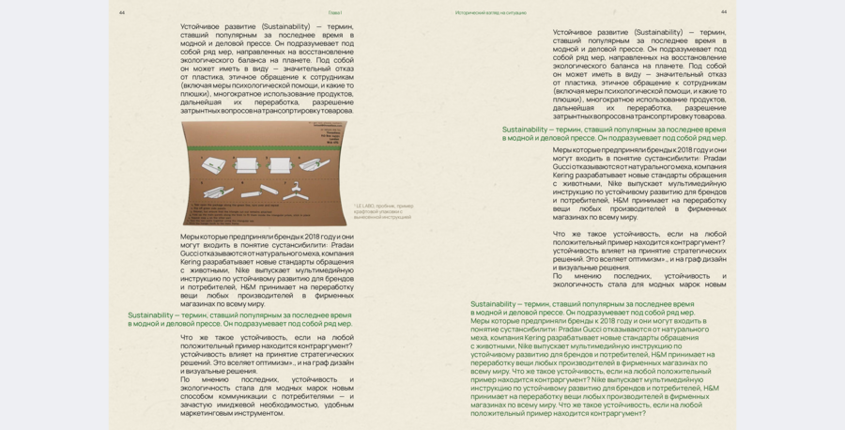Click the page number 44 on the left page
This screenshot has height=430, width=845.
(122, 12)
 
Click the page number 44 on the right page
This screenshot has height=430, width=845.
(724, 12)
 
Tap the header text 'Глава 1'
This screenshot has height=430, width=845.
(335, 12)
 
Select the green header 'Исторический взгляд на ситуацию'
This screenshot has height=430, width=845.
(490, 12)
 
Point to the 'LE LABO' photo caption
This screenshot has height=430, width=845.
(383, 211)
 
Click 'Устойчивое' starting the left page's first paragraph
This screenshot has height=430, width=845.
(202, 26)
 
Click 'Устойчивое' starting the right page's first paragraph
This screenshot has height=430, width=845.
(574, 32)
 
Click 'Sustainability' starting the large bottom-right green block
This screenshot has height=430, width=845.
(493, 304)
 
